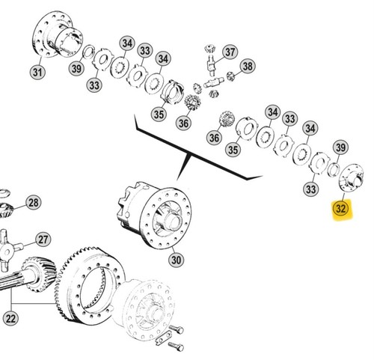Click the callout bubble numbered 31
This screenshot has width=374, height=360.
click(37, 72)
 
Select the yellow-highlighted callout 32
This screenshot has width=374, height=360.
click(341, 208)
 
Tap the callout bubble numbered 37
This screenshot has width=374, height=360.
click(230, 52)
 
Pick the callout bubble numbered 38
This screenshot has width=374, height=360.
click(248, 67)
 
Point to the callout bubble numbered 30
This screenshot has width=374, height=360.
click(176, 260)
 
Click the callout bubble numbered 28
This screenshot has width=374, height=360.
click(34, 203)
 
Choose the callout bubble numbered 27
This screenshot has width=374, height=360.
click(43, 240)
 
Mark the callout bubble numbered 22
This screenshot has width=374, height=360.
click(10, 319)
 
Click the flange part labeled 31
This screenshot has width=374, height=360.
click(58, 34)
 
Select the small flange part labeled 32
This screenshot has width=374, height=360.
click(352, 178)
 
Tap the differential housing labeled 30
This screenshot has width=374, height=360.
click(155, 215)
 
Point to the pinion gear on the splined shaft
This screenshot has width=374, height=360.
click(40, 275)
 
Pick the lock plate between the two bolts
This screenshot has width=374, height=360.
click(163, 338)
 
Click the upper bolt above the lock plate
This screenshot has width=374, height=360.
click(177, 329)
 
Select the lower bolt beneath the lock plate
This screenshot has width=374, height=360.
click(176, 346)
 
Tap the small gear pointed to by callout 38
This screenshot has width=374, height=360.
click(230, 76)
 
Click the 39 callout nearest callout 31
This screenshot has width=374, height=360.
click(76, 68)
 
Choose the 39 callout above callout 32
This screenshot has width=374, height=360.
click(341, 147)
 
